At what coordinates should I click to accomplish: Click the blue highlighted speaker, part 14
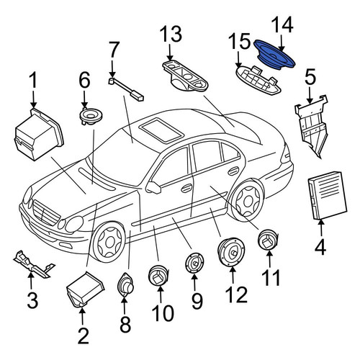tap(274, 55)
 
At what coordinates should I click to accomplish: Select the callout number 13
tap(171, 35)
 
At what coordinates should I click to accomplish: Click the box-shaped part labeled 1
tap(39, 135)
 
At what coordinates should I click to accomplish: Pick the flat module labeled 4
tap(328, 195)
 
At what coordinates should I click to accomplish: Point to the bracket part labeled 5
tap(311, 125)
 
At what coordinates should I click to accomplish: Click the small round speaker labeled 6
tap(91, 116)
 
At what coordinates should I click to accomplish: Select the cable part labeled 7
tap(126, 89)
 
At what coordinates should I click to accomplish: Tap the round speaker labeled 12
tap(231, 252)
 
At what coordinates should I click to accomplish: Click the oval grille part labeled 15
tap(258, 80)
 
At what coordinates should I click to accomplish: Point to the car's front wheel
tap(109, 242)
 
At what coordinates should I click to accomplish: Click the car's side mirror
tap(153, 187)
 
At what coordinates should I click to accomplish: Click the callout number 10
tap(163, 312)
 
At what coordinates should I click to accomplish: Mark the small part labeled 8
tap(125, 285)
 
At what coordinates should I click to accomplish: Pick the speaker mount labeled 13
tap(185, 76)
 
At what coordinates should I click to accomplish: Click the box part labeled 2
tap(86, 289)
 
